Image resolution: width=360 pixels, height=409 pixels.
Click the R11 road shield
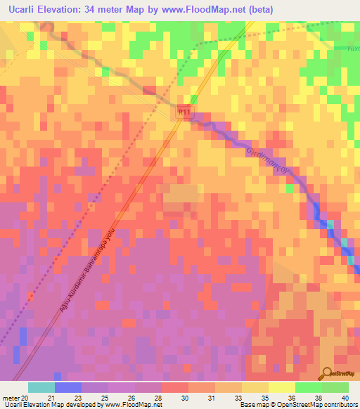pyautogui.click(x=184, y=112)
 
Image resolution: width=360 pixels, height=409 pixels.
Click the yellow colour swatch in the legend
pyautogui.click(x=282, y=387)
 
